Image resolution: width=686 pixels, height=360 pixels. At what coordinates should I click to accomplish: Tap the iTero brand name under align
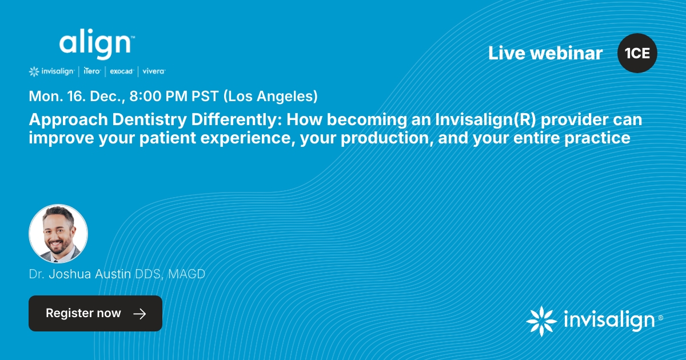pyautogui.click(x=92, y=71)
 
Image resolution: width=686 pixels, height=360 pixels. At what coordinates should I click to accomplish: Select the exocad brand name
pyautogui.click(x=121, y=71)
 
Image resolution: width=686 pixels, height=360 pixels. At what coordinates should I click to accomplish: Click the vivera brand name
pyautogui.click(x=154, y=71)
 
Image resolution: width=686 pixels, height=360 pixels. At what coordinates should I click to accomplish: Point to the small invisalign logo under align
pyautogui.click(x=51, y=71)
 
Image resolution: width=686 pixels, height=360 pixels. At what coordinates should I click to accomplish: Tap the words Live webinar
pyautogui.click(x=545, y=53)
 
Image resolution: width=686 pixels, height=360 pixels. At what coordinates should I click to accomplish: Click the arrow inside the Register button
pyautogui.click(x=139, y=313)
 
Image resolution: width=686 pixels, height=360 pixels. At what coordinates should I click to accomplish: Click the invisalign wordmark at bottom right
pyautogui.click(x=608, y=321)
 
